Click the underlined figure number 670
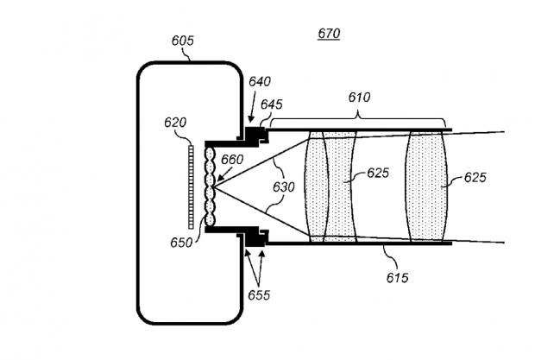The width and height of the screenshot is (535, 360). (329, 34)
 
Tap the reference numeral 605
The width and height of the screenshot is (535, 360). (183, 41)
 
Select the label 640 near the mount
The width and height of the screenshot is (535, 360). (260, 81)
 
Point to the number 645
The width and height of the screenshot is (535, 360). (272, 104)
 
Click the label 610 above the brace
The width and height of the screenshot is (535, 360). (359, 98)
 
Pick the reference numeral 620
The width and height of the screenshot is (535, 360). (175, 123)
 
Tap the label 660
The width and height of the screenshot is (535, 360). (232, 160)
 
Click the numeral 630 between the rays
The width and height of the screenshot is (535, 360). (284, 187)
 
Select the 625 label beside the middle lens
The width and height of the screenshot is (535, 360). (378, 173)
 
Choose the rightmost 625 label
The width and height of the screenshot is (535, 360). (475, 178)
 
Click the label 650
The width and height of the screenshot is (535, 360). (181, 243)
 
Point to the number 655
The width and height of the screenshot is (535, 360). (259, 295)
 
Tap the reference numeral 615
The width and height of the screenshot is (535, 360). (398, 278)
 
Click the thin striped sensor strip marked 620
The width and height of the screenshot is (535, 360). (191, 187)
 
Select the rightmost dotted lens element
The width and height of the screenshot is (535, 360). (426, 186)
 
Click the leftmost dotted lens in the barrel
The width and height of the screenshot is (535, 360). (316, 186)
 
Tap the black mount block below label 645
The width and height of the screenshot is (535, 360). (255, 136)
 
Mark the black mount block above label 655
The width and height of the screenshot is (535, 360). (255, 237)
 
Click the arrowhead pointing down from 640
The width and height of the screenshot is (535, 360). (251, 119)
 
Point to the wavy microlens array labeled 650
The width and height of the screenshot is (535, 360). (210, 186)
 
